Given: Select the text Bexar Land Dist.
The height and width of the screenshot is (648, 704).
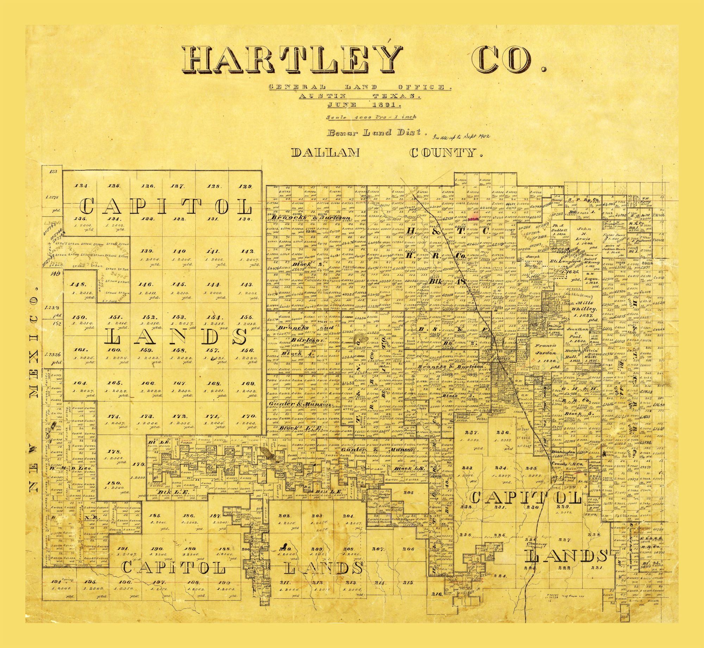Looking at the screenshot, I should pos(377,133).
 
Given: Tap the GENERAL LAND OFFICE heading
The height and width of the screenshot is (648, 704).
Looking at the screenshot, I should pos(359,87).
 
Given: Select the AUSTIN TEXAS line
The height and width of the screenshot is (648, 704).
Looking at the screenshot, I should pos(359,96).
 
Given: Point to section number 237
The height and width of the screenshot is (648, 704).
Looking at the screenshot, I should pos(471,433).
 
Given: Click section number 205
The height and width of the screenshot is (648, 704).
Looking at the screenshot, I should pos(408,492).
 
